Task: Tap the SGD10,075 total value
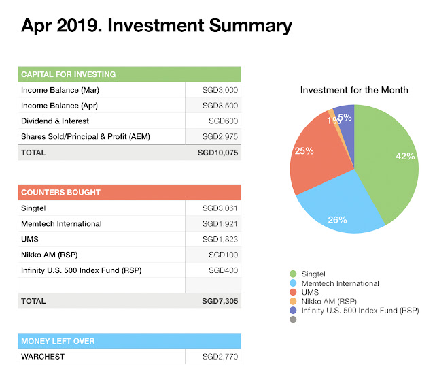pos(217,153)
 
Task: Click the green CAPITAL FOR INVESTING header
pos(129,74)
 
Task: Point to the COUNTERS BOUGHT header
pos(129,192)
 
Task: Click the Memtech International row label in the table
pos(61,223)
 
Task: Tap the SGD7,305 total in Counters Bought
pos(219,300)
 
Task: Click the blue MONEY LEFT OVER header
pos(129,340)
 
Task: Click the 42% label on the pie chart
pos(404,156)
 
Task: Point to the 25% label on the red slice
pos(303,150)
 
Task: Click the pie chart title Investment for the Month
pos(354,90)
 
